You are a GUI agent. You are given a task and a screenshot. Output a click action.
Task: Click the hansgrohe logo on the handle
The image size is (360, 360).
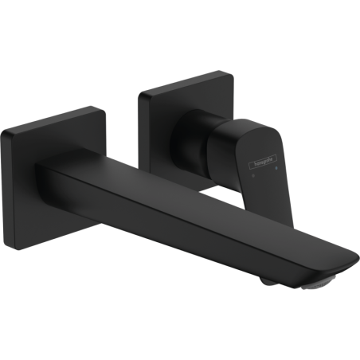(263, 162)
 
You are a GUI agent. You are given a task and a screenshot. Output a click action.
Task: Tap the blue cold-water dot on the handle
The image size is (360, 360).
(277, 168)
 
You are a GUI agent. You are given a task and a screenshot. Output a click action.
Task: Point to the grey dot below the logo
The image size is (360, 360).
(254, 175)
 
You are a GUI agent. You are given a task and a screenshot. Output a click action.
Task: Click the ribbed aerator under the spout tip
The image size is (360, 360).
(318, 283)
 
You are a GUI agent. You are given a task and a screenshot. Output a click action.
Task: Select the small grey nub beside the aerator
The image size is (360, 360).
(267, 281)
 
